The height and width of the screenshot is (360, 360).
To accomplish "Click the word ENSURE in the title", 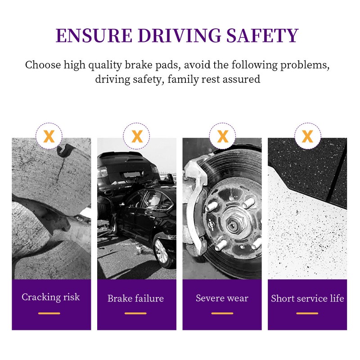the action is pyautogui.click(x=94, y=36).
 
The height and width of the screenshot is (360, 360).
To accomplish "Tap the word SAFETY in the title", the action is pyautogui.click(x=262, y=36).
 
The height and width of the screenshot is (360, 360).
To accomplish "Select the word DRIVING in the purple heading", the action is pyautogui.click(x=179, y=36).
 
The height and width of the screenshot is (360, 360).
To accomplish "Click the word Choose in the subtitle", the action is pyautogui.click(x=43, y=65).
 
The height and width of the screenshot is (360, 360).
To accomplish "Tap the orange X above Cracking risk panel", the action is pyautogui.click(x=49, y=136).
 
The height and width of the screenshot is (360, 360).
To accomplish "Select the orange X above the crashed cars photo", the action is pyautogui.click(x=137, y=136).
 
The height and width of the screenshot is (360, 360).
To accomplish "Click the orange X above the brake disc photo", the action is pyautogui.click(x=222, y=136).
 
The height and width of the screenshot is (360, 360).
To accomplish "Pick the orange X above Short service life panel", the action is pyautogui.click(x=308, y=136).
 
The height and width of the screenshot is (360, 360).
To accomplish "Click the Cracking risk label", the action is pyautogui.click(x=51, y=297).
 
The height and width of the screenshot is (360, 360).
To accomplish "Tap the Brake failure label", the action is pyautogui.click(x=136, y=298).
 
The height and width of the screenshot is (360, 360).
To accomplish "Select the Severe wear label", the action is pyautogui.click(x=222, y=298).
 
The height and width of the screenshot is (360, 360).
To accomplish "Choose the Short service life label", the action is pyautogui.click(x=307, y=298).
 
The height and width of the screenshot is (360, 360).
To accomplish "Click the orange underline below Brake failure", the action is pyautogui.click(x=136, y=313).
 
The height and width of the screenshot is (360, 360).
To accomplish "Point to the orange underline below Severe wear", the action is pyautogui.click(x=222, y=313).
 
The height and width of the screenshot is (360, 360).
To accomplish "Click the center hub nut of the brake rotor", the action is pyautogui.click(x=234, y=225).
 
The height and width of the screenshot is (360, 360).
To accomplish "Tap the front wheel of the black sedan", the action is pyautogui.click(x=162, y=252).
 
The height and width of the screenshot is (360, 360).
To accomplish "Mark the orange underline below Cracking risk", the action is pyautogui.click(x=49, y=313).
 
